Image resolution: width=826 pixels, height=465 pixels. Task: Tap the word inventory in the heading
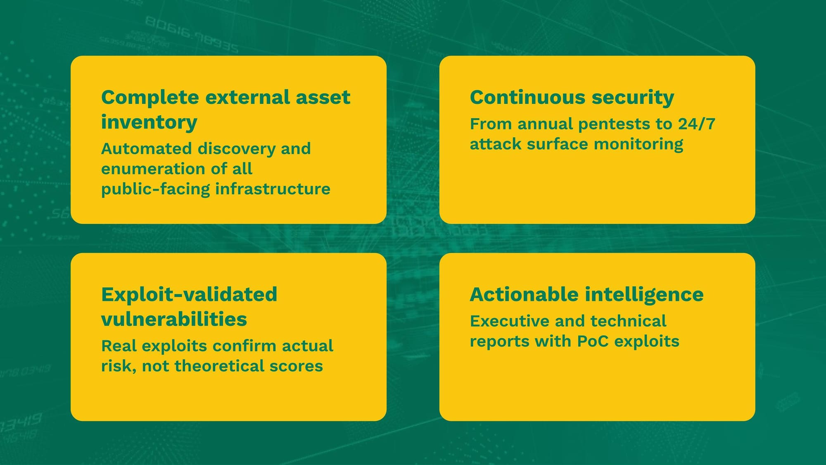(x=149, y=123)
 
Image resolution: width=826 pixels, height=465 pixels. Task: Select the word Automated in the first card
(x=147, y=148)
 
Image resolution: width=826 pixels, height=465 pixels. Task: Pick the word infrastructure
(x=273, y=189)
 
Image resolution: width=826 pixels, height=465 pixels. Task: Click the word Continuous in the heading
(x=528, y=98)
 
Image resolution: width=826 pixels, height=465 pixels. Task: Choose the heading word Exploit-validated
(x=189, y=295)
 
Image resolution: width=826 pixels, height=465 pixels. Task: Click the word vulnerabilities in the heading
(x=174, y=320)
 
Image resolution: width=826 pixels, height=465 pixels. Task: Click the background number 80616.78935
(x=192, y=35)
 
